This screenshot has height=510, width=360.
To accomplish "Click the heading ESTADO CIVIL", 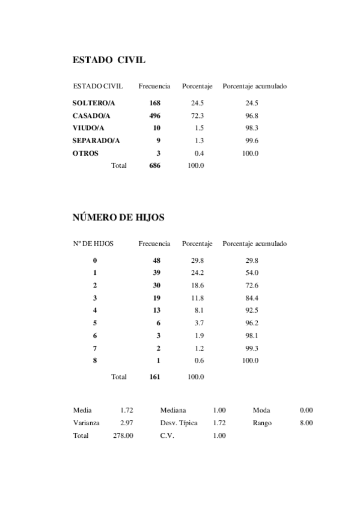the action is pyautogui.click(x=109, y=60).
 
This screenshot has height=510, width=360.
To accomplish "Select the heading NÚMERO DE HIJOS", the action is pyautogui.click(x=118, y=217).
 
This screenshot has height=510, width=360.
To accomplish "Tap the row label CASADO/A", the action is pyautogui.click(x=91, y=115).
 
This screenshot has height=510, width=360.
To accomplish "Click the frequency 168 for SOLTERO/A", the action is pyautogui.click(x=154, y=103).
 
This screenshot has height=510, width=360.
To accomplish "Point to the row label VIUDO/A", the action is pyautogui.click(x=88, y=128).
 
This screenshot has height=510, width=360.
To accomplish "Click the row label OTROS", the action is pyautogui.click(x=85, y=153).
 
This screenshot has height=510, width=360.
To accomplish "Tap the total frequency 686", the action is pyautogui.click(x=154, y=165).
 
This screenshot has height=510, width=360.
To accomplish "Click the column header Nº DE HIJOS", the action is pyautogui.click(x=93, y=244).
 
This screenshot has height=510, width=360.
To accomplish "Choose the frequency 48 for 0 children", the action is pyautogui.click(x=156, y=260).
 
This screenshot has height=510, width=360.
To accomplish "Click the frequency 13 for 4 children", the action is pyautogui.click(x=156, y=310).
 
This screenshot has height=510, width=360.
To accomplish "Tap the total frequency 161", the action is pyautogui.click(x=154, y=377).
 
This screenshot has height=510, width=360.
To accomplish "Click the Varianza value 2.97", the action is pyautogui.click(x=126, y=423).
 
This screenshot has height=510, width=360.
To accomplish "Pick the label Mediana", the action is pyautogui.click(x=173, y=410).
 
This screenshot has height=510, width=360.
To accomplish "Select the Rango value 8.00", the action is pyautogui.click(x=306, y=423).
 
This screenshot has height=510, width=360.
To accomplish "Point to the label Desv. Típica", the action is pyautogui.click(x=178, y=423).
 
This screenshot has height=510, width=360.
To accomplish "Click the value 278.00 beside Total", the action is pyautogui.click(x=123, y=435).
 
